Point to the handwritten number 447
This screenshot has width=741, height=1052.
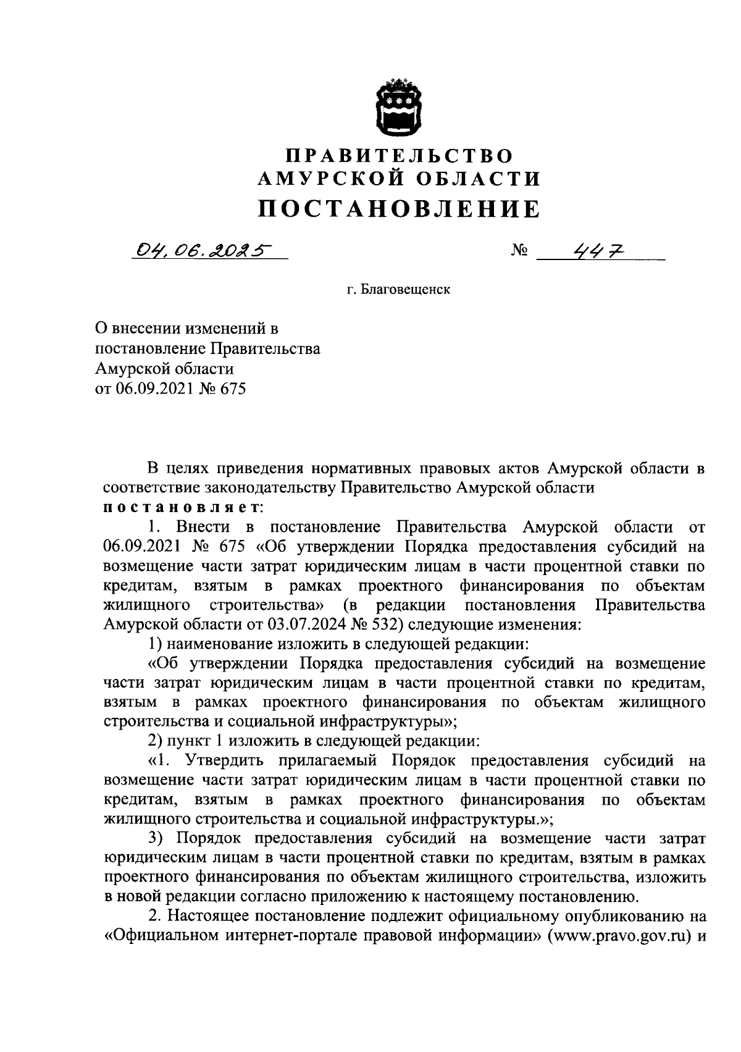598,250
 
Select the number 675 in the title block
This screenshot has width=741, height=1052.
233,390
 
